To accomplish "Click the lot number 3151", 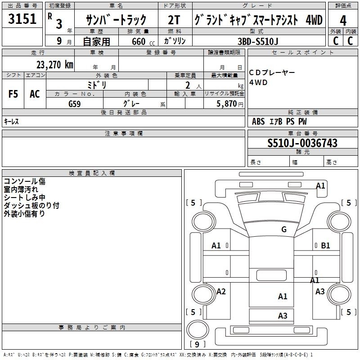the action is (x=22, y=19).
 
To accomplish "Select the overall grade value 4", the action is (x=343, y=21).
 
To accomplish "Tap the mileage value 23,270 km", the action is (x=55, y=65).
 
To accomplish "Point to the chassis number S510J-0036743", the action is (x=302, y=143).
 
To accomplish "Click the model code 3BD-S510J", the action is (x=258, y=41).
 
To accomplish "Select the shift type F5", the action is (x=13, y=94).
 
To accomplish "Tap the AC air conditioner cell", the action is (x=35, y=94).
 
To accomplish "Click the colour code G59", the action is (x=75, y=104).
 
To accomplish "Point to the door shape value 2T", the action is (x=174, y=20).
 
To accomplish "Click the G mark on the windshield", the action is (x=284, y=229).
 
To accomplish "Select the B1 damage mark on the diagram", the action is (x=325, y=245).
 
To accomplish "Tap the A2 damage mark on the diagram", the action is (x=221, y=291).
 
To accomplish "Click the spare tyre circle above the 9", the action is (x=198, y=330).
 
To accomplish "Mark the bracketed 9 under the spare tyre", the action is (x=197, y=344).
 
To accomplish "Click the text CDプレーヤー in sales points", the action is (x=272, y=72).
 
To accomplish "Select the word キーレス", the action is (x=11, y=121).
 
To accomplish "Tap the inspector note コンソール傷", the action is (x=25, y=181).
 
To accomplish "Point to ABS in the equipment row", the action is (x=258, y=121).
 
